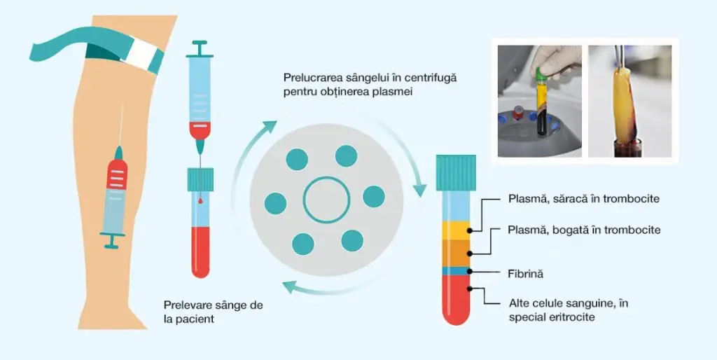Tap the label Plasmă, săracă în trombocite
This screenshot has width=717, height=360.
tap(583, 199)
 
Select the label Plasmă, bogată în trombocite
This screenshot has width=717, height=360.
tap(584, 230)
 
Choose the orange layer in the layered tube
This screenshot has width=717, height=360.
tap(456, 253)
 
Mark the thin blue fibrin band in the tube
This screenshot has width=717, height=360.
tap(456, 270)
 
